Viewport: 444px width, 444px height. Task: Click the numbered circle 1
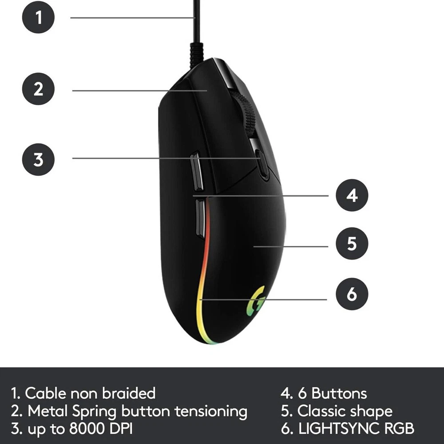point(38,17)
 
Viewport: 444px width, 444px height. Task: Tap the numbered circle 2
point(38,89)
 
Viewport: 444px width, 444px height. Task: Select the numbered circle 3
point(38,159)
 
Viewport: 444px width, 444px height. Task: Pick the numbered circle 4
point(352,195)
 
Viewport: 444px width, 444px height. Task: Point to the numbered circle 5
point(352,243)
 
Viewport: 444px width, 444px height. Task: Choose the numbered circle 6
point(352,294)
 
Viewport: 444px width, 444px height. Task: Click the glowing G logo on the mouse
point(256,301)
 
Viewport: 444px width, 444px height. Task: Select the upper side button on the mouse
point(197,171)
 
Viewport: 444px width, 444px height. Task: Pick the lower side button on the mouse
point(201,218)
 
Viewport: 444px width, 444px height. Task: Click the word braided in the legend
point(129,393)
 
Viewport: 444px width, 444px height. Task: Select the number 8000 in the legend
point(87,428)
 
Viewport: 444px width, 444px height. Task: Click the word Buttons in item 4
point(339,393)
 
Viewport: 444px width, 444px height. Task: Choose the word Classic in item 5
point(320,411)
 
